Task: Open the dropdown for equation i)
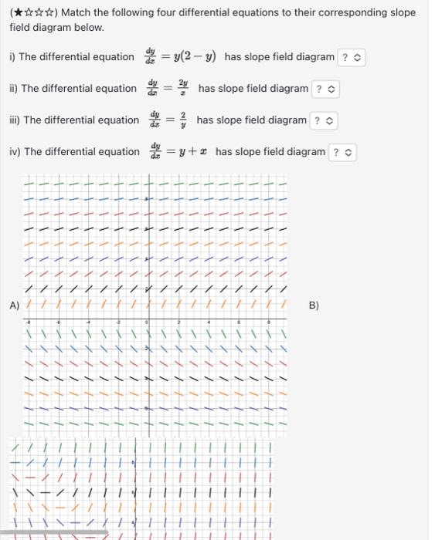point(350,57)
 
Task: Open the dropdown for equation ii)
point(325,89)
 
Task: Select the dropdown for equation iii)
point(322,120)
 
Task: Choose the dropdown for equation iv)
point(344,152)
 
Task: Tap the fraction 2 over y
point(182,120)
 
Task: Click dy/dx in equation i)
point(150,57)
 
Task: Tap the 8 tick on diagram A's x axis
point(268,322)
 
